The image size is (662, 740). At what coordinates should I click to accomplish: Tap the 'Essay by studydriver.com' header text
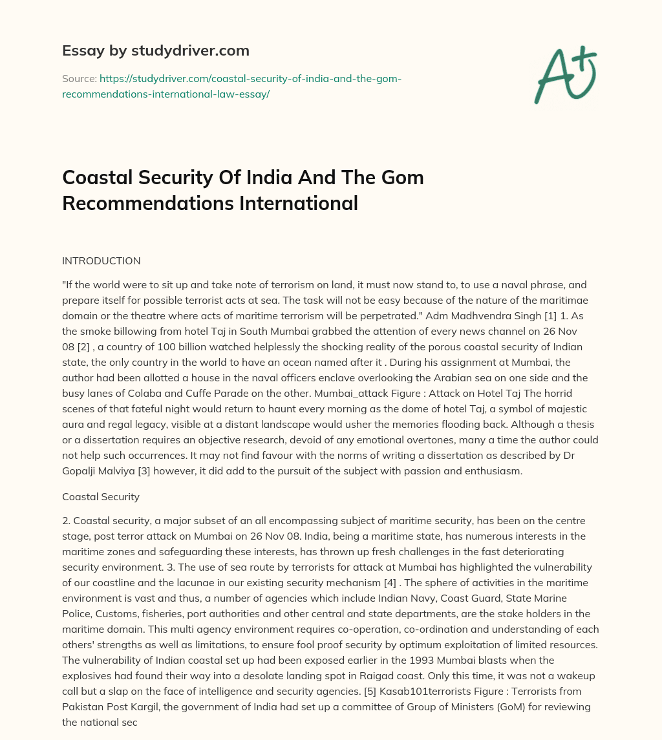pyautogui.click(x=156, y=50)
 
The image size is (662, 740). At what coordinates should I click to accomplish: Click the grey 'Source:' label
pyautogui.click(x=79, y=78)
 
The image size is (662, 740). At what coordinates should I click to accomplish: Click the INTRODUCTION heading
pyautogui.click(x=101, y=261)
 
